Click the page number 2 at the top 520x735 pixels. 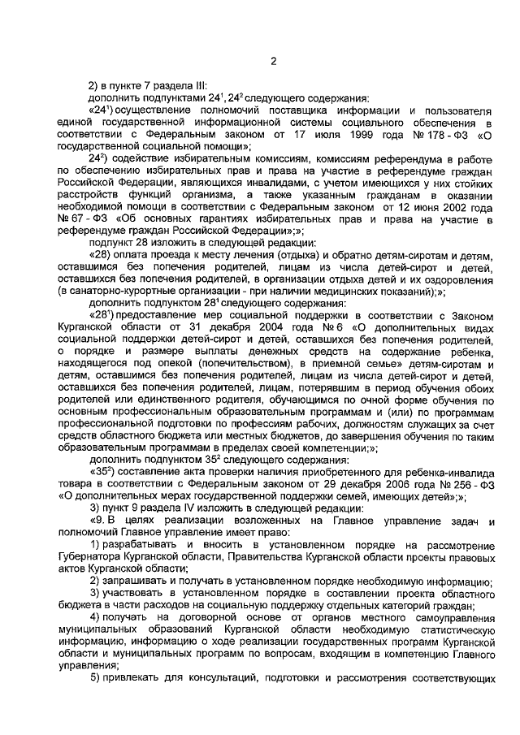coord(275,60)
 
